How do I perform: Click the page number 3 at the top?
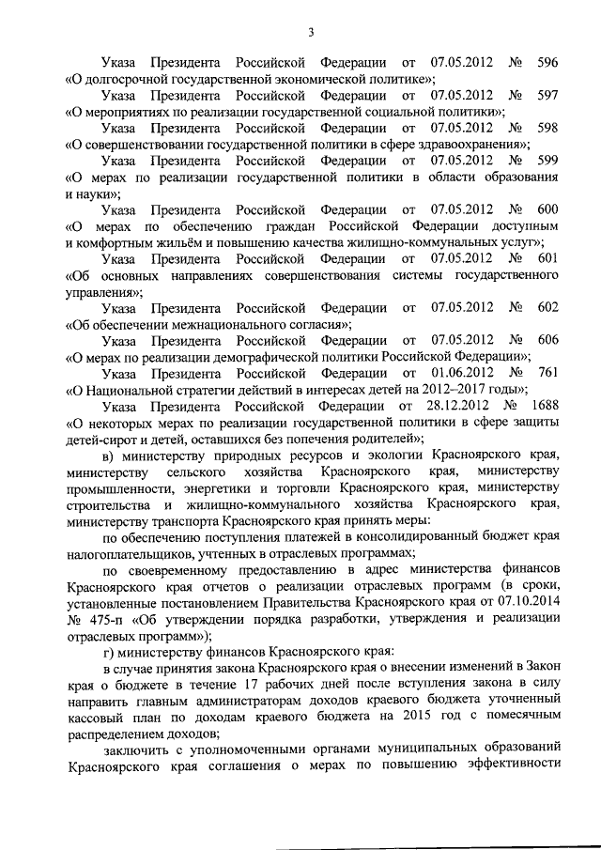(310, 35)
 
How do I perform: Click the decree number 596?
(546, 61)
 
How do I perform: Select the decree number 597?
(546, 95)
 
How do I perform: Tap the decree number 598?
(546, 128)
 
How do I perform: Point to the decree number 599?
(546, 161)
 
